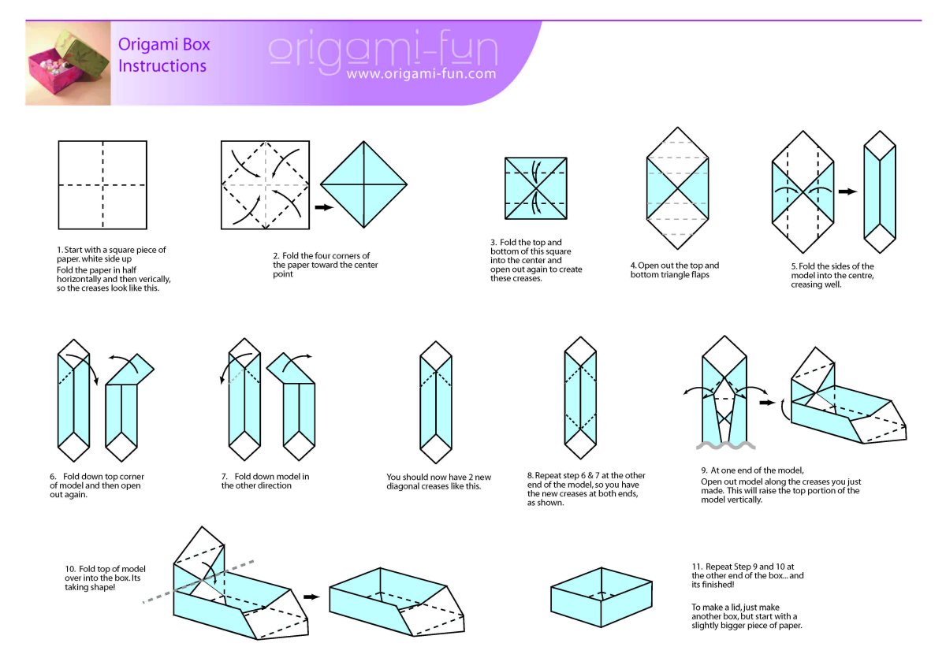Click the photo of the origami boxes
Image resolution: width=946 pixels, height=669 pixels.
point(68,63)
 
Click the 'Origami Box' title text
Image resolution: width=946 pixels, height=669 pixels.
point(164,44)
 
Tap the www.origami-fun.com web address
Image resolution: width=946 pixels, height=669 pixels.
point(421,74)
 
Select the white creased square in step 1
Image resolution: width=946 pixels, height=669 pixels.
point(102,185)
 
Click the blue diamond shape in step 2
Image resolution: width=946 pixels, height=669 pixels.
point(363,184)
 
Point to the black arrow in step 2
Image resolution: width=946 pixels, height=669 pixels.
point(324,207)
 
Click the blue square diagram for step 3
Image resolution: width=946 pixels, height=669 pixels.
point(536,188)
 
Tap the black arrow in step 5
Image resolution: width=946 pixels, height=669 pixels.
point(847,191)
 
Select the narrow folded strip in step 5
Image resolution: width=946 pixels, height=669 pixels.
point(880,191)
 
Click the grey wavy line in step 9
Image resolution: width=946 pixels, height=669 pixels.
point(725,445)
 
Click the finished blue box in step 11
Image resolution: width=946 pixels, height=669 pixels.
point(601,597)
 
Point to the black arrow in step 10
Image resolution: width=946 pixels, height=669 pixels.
point(311,597)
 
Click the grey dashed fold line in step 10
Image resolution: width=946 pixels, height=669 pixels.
point(198,582)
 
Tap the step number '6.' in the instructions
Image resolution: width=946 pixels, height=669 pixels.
point(53,477)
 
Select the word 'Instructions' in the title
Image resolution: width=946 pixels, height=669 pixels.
point(162,66)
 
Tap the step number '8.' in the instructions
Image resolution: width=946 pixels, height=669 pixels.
point(531,475)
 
